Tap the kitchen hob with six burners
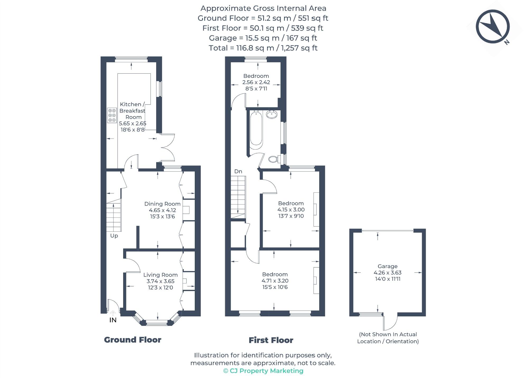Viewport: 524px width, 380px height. (x=112, y=115)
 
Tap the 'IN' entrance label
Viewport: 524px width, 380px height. (x=113, y=320)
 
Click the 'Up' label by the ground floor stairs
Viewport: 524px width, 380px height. (x=114, y=236)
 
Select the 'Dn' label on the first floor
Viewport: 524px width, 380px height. (x=238, y=172)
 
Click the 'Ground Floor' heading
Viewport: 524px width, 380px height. (x=132, y=340)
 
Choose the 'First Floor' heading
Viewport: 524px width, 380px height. (x=271, y=340)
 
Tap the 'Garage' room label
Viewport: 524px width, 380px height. (x=387, y=266)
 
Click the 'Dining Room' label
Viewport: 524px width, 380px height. (x=162, y=204)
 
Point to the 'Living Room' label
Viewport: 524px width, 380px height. (x=160, y=275)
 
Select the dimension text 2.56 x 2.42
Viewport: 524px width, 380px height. (x=256, y=82)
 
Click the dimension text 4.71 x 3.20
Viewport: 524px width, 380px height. (x=275, y=281)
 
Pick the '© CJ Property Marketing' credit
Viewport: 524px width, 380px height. (x=263, y=371)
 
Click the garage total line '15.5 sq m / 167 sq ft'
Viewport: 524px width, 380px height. (x=263, y=38)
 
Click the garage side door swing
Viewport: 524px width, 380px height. (x=390, y=322)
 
